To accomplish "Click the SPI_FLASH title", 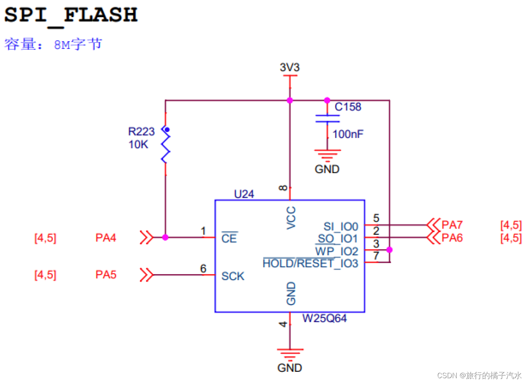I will (71, 15).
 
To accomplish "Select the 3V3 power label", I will (290, 67).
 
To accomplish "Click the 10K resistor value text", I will (138, 144).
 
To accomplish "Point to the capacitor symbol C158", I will (327, 118).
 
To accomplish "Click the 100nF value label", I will (348, 134).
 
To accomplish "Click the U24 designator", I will (244, 194).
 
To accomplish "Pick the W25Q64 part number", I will (324, 319).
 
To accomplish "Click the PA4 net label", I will (106, 238).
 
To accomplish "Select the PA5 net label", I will (106, 275).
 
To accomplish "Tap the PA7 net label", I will (452, 225).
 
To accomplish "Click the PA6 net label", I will (452, 238).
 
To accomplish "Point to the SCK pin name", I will (233, 276).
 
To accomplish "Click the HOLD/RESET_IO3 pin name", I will (310, 263).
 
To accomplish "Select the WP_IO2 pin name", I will (336, 251).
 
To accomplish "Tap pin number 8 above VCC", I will (283, 188).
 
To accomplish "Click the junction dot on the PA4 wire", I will (165, 237).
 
